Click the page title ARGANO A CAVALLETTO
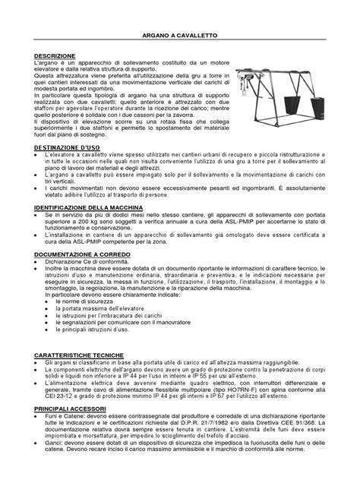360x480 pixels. click(180, 36)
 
